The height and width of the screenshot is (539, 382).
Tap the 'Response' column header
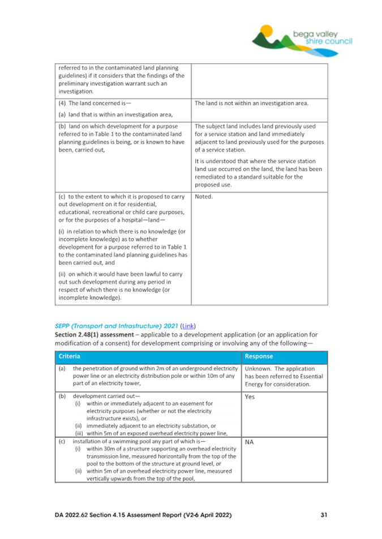click(261, 357)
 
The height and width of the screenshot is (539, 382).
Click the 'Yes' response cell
click(250, 397)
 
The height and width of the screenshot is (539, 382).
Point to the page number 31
click(323, 515)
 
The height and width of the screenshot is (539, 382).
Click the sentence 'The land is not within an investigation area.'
click(251, 104)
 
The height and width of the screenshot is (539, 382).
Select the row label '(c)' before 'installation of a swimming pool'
click(61, 439)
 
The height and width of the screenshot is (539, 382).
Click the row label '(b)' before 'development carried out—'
click(61, 397)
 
